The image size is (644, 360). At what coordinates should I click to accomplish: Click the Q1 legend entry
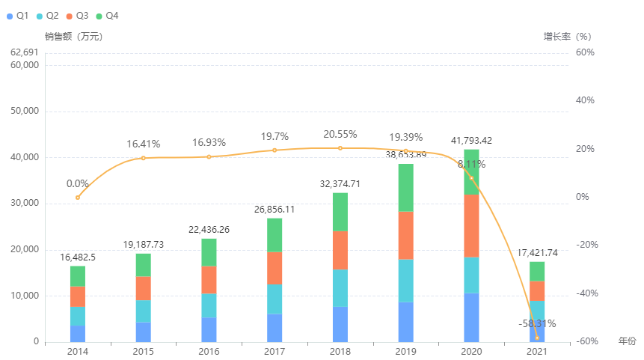[x=18, y=16]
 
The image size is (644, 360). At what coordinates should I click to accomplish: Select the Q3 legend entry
[x=77, y=16]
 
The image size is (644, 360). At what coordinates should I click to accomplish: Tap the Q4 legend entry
[x=107, y=16]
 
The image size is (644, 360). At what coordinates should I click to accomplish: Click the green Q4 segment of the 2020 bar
[x=471, y=171]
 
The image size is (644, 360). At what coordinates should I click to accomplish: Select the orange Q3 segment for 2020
[x=471, y=225]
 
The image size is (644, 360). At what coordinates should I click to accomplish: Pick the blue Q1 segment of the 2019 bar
[x=405, y=322]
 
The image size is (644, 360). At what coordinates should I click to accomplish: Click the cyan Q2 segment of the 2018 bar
[x=340, y=287]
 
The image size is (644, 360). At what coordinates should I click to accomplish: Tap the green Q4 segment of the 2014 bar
[x=78, y=276]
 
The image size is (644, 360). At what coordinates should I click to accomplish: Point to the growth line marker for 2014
[x=78, y=198]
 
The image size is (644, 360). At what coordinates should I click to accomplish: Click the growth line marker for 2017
[x=275, y=150]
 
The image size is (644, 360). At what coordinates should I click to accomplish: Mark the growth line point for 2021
[x=537, y=338]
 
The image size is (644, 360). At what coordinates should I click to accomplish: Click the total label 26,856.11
[x=275, y=210]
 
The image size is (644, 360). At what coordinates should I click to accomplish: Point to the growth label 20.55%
[x=340, y=134]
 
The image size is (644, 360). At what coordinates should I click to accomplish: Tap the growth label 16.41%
[x=144, y=144]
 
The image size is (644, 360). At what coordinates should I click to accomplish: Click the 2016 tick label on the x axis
[x=209, y=351]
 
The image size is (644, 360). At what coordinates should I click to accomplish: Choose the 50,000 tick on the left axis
[x=26, y=112]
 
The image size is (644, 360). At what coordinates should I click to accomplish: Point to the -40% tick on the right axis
[x=585, y=293]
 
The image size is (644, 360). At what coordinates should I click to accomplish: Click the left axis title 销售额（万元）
[x=73, y=36]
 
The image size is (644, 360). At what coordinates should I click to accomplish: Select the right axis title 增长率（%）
[x=567, y=36]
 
